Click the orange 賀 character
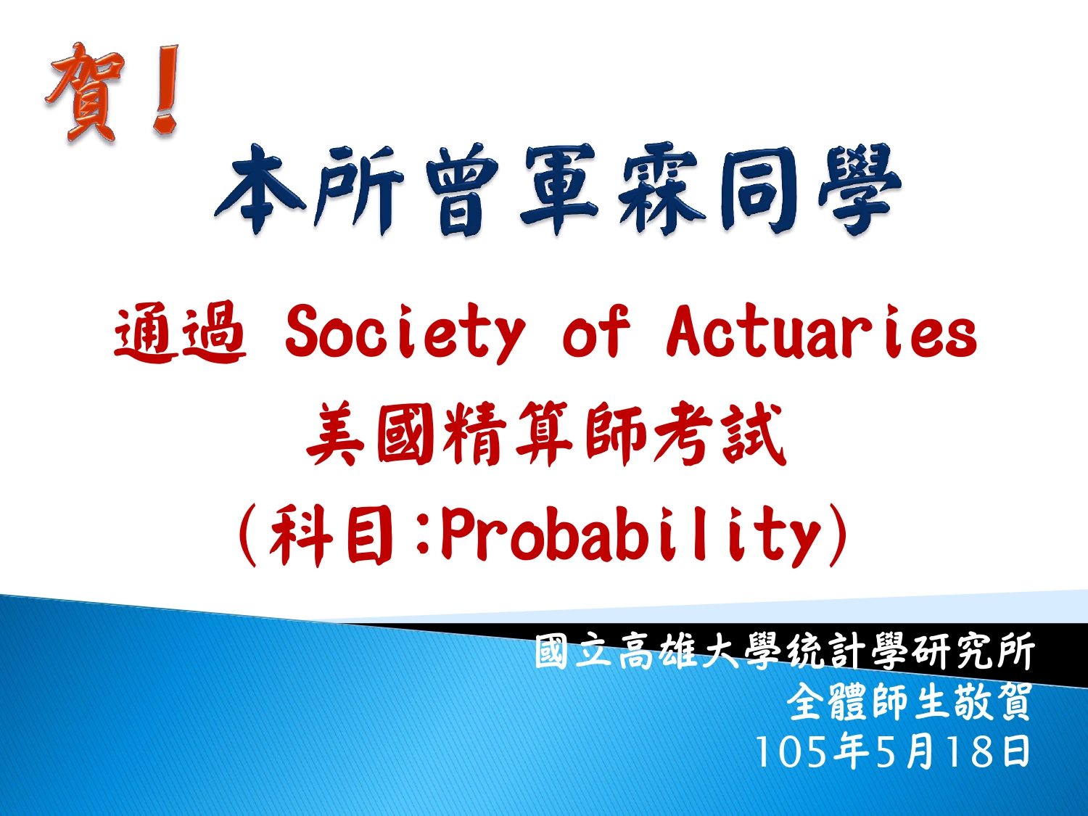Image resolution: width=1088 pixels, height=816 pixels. coord(84,93)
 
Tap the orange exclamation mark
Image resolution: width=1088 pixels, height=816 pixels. coord(165,89)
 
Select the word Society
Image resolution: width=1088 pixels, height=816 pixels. coord(405,332)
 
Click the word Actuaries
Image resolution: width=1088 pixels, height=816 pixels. coord(821,330)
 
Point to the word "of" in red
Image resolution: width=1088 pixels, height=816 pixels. coord(595,331)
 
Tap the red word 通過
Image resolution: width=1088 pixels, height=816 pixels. coord(180,331)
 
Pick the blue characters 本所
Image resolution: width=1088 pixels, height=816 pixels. coord(310,190)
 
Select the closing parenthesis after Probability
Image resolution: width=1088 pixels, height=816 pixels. coord(837,535)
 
